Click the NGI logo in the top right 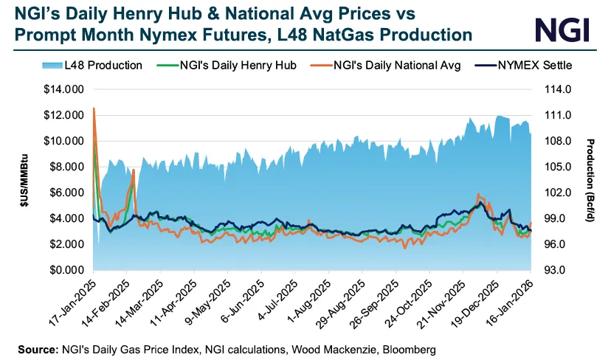point(563,30)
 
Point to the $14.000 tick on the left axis point(65,89)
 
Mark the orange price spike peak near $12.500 point(94,108)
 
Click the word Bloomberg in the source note point(409,347)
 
